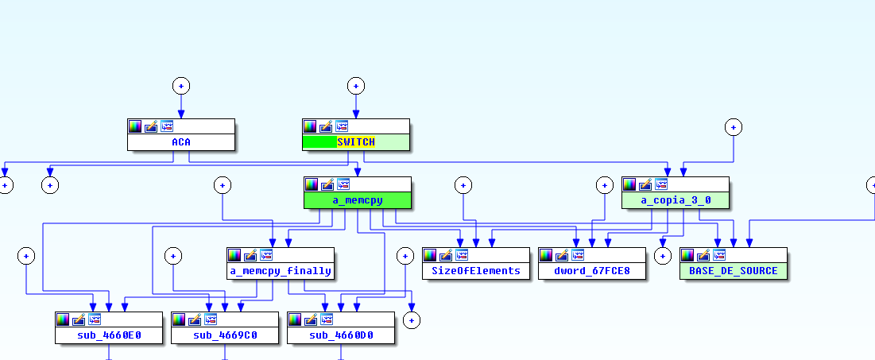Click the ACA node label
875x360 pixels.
pos(181,142)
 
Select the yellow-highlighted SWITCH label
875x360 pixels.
pos(355,142)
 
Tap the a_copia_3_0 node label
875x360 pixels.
pos(676,200)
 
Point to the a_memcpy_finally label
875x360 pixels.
pos(281,271)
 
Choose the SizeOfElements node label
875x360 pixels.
pos(476,271)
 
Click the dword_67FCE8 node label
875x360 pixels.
pos(592,271)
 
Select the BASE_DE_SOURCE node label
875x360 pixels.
pos(733,271)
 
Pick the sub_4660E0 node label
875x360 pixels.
pos(109,335)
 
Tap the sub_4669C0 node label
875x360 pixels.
pos(225,335)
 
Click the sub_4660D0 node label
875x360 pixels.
pos(341,335)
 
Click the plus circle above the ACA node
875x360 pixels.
pos(181,86)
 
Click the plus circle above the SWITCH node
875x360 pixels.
pos(355,86)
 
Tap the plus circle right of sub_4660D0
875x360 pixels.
pos(412,319)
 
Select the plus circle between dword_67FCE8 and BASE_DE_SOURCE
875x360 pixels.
pos(662,255)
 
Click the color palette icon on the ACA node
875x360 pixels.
pos(135,126)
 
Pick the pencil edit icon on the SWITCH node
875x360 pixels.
pos(325,126)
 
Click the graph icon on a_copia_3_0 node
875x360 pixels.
pos(661,184)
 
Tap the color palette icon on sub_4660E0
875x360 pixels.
pos(63,319)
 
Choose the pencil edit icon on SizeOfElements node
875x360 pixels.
pos(445,255)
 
